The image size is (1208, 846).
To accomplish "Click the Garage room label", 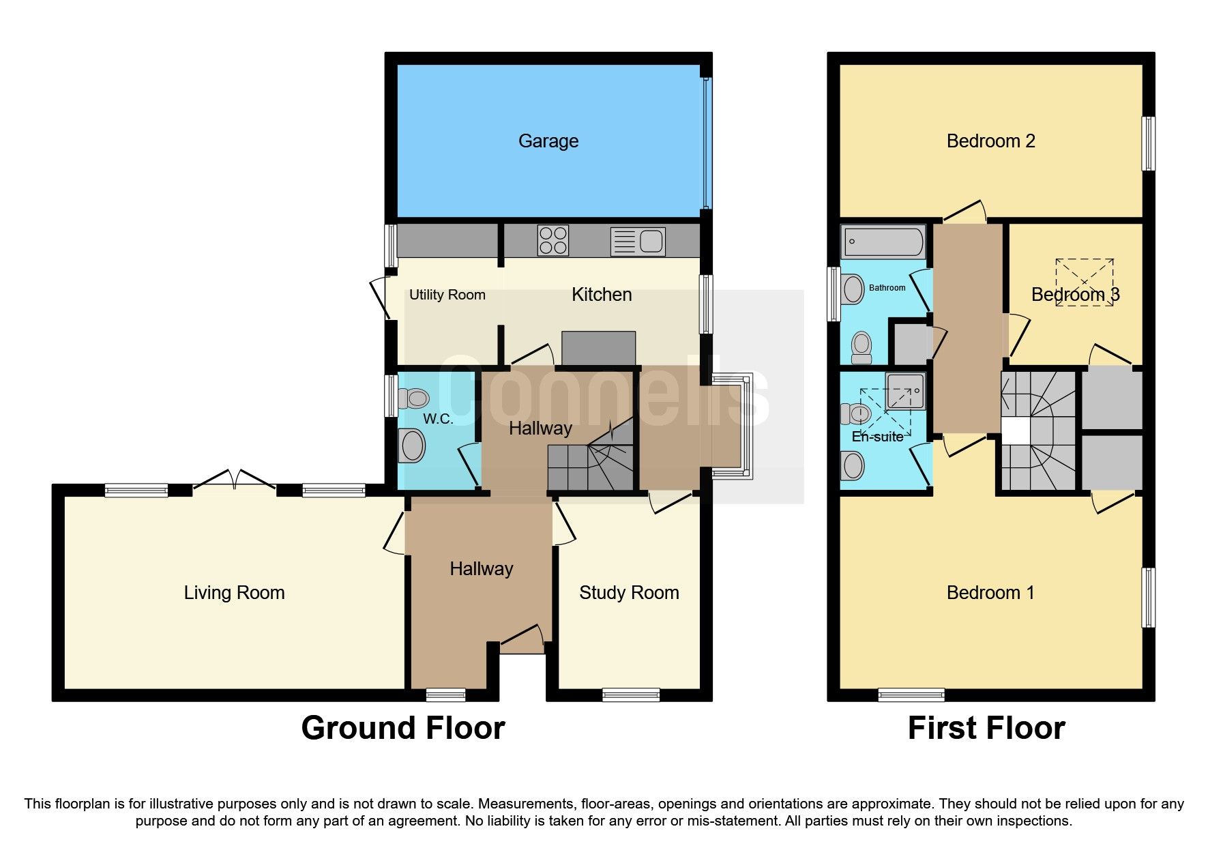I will pos(548,141).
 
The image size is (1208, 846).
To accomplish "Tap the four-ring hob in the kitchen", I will pos(553,240).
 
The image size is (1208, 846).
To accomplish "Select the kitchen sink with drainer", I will pos(638,241).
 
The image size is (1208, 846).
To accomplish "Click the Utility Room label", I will pos(447,295).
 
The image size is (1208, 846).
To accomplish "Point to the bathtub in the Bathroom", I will pos(883,242).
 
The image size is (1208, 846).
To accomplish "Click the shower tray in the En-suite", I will pos(905,391).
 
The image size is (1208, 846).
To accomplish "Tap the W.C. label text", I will pos(438,418).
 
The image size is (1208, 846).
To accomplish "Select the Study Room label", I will pos(628,593).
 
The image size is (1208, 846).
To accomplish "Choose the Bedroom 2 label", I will pos(990,141).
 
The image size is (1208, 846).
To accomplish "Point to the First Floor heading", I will pos(986,728).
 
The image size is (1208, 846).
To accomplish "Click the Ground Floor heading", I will pos(402,728).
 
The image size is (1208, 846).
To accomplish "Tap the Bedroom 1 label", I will pos(990,593).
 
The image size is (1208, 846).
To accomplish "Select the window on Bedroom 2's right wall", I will pos(1149,143).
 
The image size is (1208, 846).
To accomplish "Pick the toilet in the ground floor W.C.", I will pos(413,398).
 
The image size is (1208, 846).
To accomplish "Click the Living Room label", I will pos(234,593).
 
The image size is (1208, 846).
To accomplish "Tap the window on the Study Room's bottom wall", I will pos(631,695).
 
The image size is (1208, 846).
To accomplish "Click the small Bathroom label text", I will pos(887,288).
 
